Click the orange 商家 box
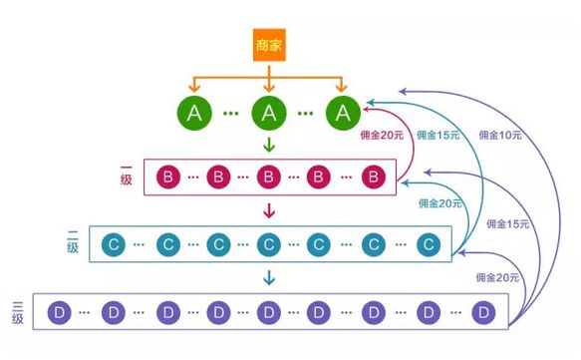268,48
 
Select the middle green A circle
268,114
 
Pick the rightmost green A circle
342,114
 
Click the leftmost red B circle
168,178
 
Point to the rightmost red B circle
372,178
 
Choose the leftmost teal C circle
115,243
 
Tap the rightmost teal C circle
428,243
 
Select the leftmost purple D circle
59,311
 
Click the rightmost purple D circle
484,311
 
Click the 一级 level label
126,178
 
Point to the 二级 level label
73,242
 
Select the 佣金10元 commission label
502,135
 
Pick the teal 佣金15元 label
439,135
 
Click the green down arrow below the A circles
268,146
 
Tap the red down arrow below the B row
268,210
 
